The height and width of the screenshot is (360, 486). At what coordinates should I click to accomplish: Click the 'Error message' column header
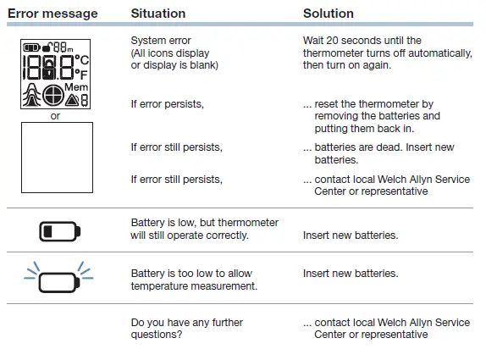tap(52, 14)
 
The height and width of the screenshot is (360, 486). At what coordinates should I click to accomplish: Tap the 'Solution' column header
tap(329, 14)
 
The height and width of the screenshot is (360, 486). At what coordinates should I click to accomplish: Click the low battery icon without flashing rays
tap(58, 230)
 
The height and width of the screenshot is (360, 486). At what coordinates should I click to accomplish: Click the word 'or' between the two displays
tap(56, 116)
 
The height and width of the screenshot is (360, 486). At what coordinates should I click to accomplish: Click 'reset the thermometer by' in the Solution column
tap(373, 103)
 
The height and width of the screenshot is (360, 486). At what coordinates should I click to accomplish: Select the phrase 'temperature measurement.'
tap(195, 286)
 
